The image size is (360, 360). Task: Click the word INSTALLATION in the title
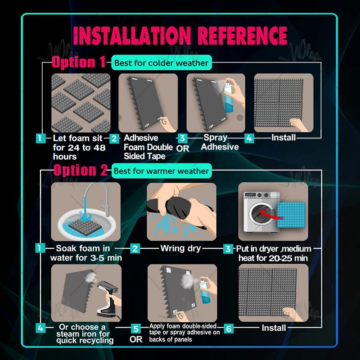(x=132, y=36)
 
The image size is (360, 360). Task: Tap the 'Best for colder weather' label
(x=162, y=63)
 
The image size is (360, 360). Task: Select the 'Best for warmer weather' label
(x=162, y=171)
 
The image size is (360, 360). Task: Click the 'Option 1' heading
(x=79, y=62)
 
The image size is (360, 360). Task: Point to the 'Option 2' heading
(x=81, y=170)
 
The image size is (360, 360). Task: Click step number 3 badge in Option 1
(x=182, y=138)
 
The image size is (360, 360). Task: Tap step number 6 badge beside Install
(x=229, y=328)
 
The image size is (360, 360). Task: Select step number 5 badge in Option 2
(x=136, y=328)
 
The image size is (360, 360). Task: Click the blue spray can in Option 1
(x=229, y=97)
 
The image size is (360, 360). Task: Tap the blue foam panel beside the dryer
(x=291, y=215)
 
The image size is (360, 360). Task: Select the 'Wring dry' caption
(x=181, y=248)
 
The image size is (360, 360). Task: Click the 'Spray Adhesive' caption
(x=220, y=142)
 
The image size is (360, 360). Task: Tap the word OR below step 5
(x=136, y=339)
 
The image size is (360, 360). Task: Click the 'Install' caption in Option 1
(x=283, y=138)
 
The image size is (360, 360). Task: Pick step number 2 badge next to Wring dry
(x=135, y=248)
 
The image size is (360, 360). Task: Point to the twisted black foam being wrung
(x=175, y=207)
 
